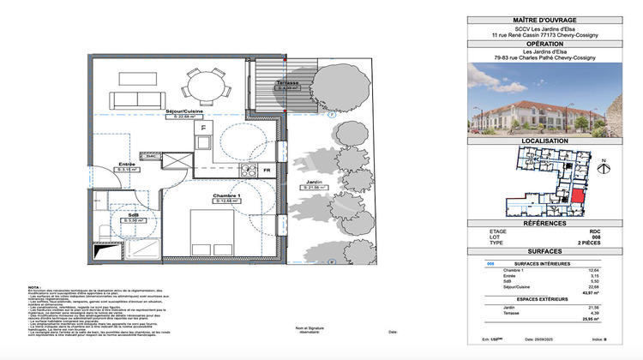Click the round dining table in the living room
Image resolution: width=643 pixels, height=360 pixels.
pyautogui.click(x=204, y=85)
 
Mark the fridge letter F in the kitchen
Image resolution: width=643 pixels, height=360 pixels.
pyautogui.click(x=203, y=127)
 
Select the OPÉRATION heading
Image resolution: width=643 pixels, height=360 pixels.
pyautogui.click(x=544, y=43)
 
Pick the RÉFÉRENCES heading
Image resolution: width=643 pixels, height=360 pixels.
pyautogui.click(x=544, y=223)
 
